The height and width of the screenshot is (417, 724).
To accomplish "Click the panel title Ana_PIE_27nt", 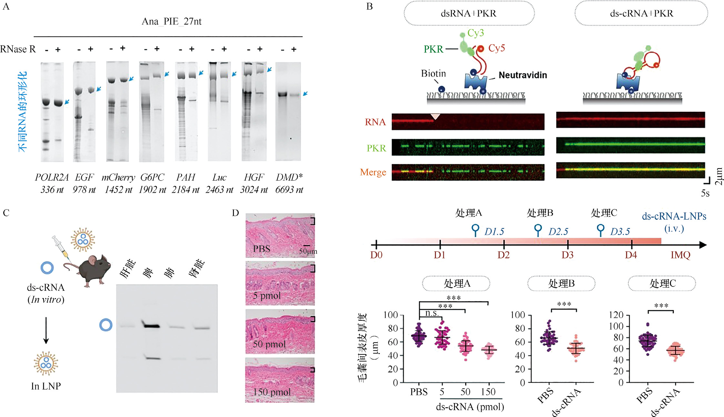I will [x=172, y=22].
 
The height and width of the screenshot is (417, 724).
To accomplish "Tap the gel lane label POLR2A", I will [x=52, y=177].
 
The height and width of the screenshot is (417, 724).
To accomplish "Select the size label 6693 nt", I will [x=289, y=190].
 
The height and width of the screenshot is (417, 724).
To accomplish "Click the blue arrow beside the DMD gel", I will [x=305, y=94].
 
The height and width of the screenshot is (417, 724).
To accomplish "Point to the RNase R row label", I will [x=18, y=49].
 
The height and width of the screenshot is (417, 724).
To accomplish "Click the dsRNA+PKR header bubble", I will [x=469, y=14].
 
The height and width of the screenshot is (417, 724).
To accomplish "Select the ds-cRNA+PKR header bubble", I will [x=641, y=14].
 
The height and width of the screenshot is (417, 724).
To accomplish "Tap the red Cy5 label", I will [x=497, y=48].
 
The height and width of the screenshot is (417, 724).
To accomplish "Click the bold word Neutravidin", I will [x=523, y=75].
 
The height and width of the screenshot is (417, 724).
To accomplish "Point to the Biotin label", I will [x=433, y=73].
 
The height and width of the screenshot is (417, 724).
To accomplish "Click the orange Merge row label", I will [x=373, y=172].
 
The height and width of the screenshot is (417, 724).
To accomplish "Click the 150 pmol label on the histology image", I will [x=272, y=392].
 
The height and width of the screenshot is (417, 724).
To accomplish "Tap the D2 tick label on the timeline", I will [x=503, y=255].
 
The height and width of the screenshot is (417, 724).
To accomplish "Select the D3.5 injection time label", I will [x=620, y=232].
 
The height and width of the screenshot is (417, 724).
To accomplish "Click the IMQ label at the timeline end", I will [x=680, y=255].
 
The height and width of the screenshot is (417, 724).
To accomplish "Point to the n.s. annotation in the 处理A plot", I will [x=432, y=313].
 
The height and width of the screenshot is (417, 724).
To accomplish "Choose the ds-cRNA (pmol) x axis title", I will [x=470, y=407].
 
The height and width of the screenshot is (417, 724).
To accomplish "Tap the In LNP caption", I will [x=46, y=386].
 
